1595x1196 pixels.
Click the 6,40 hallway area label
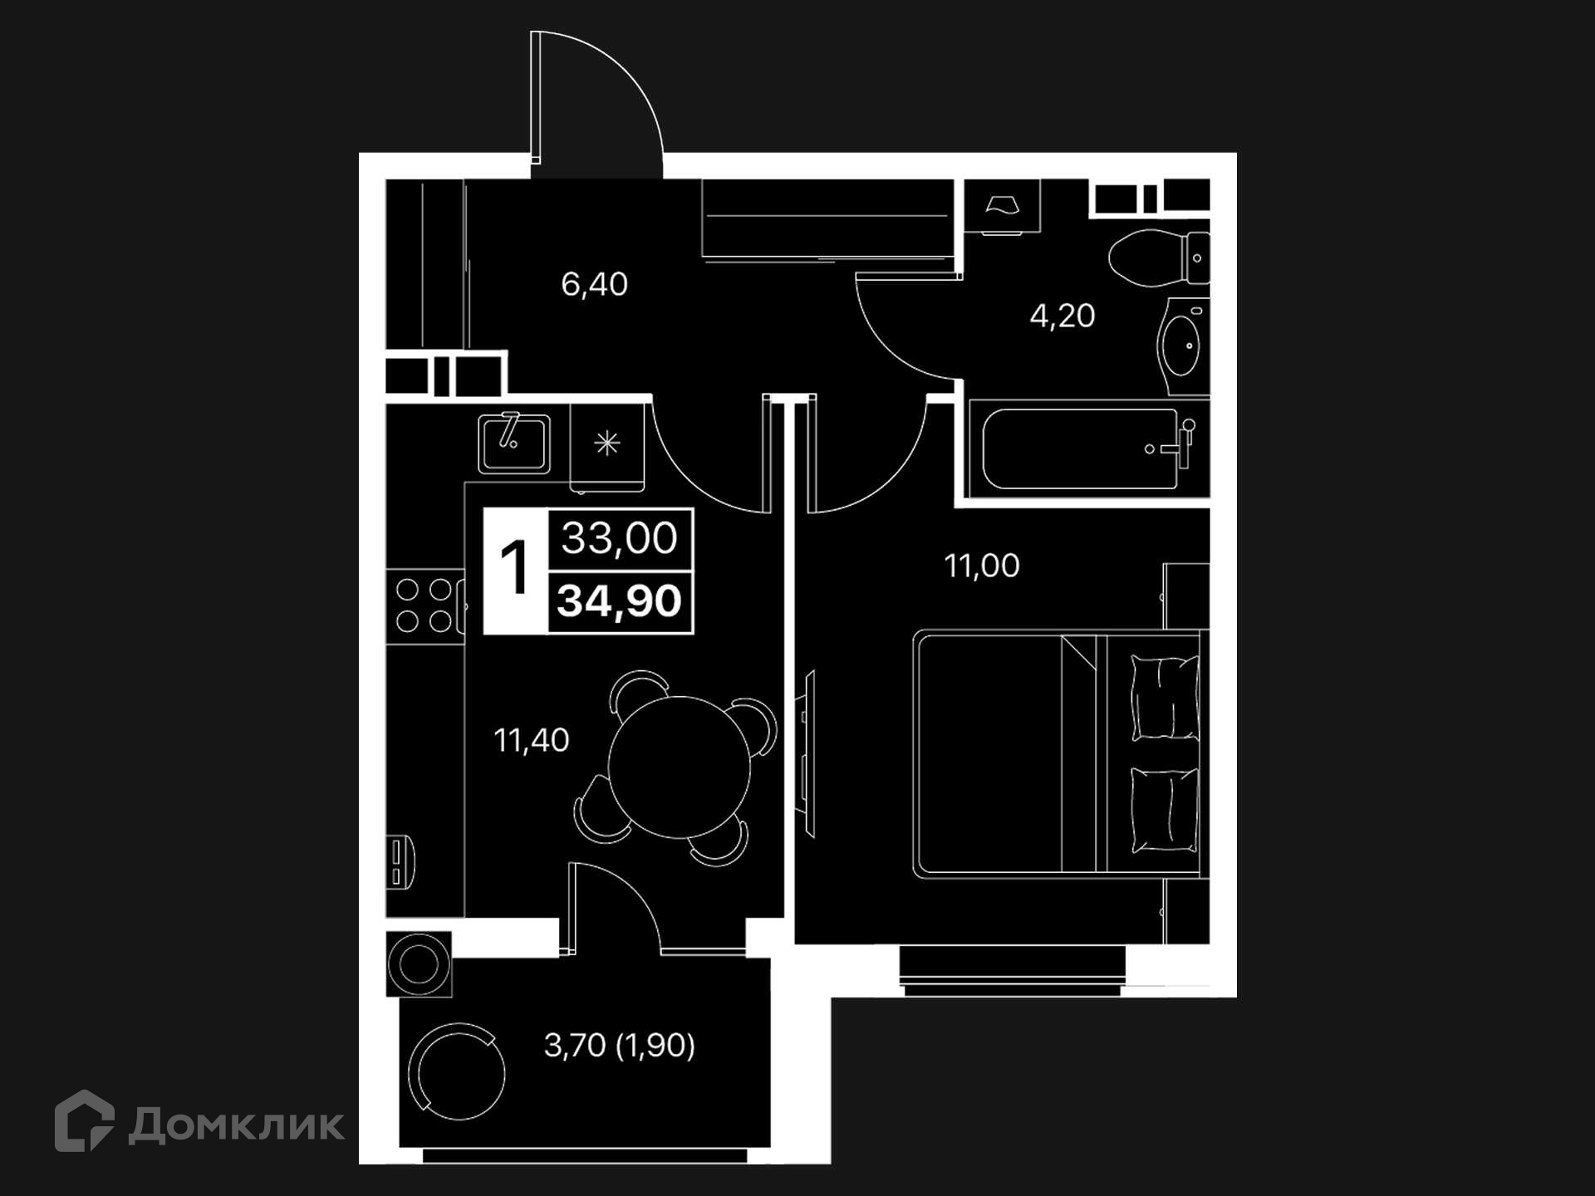[x=594, y=285]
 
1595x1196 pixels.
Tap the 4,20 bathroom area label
[x=1063, y=316]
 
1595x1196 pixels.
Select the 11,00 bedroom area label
[x=982, y=566]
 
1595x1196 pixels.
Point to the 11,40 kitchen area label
[x=532, y=740]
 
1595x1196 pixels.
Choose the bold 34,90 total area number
[x=620, y=600]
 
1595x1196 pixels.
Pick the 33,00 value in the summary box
[x=620, y=538]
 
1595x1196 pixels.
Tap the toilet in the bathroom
[x=1159, y=257]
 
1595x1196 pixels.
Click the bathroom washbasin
[x=1183, y=346]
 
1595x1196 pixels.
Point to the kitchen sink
[x=513, y=444]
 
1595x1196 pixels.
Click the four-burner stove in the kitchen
[x=425, y=605]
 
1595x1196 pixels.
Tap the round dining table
[x=680, y=767]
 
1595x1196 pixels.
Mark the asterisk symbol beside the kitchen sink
[x=607, y=444]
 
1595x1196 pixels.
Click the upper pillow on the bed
[x=1165, y=698]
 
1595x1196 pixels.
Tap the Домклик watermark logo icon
[x=84, y=1121]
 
